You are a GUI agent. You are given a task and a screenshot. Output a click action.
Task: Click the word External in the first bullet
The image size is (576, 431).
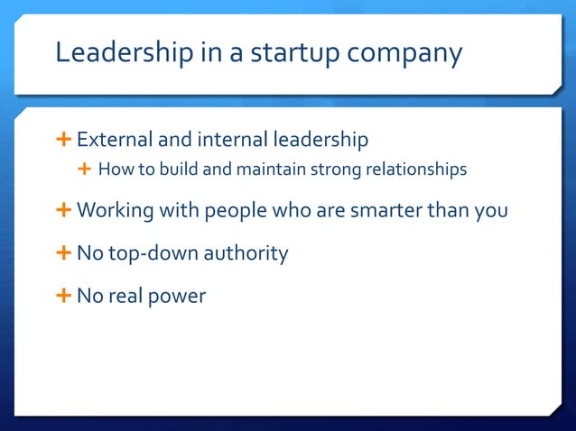[115, 140]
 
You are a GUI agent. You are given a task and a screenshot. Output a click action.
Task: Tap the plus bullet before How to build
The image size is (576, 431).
[85, 169]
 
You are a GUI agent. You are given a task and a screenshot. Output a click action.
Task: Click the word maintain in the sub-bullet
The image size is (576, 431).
[262, 169]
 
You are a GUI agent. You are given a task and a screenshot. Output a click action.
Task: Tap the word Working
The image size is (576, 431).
[115, 211]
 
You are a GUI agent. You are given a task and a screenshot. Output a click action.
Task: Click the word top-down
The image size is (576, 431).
[153, 253]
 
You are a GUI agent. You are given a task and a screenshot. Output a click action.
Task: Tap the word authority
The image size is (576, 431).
[246, 253]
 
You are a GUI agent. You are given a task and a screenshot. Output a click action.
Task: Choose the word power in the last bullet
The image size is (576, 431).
[177, 296]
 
